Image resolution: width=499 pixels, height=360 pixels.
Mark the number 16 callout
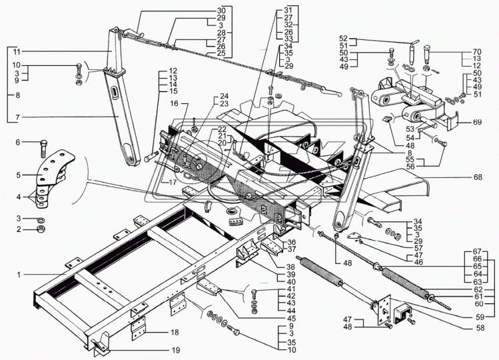tap(173, 104)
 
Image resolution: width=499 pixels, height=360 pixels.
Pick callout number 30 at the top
tap(221, 11)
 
